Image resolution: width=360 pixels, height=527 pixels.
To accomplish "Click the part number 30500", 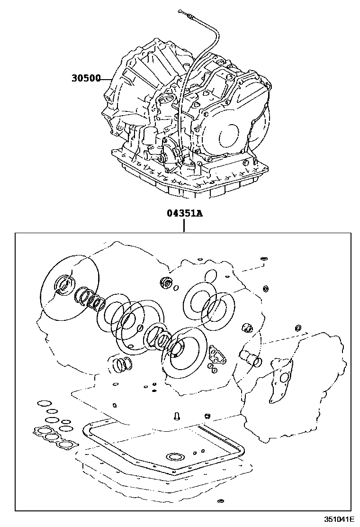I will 86,78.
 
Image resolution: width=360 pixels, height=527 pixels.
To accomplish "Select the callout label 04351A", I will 184,213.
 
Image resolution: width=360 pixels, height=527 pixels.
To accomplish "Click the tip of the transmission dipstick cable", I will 180,10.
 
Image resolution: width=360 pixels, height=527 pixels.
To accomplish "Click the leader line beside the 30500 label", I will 106,78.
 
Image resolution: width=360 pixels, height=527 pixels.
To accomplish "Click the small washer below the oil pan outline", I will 221,501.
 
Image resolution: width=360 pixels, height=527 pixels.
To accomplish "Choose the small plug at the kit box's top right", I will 264,259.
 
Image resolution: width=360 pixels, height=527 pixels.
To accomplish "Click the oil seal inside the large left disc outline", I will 64,283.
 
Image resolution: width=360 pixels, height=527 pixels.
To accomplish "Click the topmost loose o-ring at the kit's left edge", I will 44,403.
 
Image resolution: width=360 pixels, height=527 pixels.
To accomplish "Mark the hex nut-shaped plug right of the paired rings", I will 246,328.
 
